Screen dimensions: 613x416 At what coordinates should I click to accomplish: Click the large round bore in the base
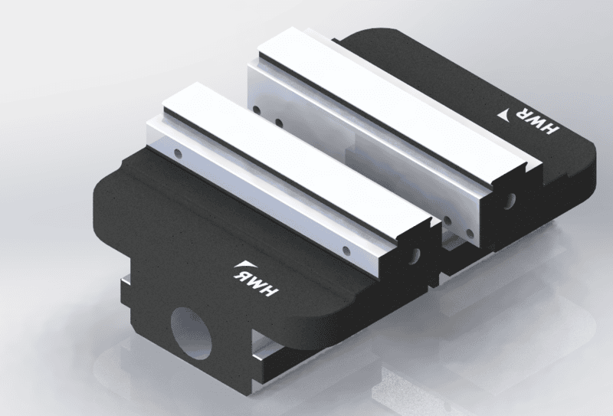point(191,333)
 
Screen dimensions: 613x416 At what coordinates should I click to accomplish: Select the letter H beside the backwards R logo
point(270,290)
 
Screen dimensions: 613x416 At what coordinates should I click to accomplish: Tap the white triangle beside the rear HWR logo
point(507,115)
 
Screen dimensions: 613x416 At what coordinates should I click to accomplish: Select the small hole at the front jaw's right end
point(346,251)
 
